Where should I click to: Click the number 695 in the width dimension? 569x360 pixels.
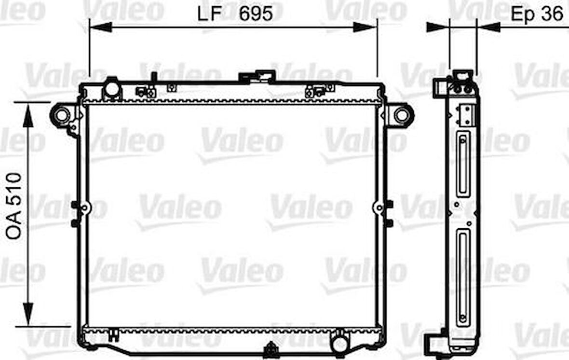256,14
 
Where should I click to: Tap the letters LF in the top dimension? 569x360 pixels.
210,14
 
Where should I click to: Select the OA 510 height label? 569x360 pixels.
14,206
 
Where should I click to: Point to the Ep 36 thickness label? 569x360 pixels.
537,14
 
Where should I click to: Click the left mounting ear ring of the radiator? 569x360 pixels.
61,115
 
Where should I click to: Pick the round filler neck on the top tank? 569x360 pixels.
112,89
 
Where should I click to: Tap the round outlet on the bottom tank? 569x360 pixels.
340,343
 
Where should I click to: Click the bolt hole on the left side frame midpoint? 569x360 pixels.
84,208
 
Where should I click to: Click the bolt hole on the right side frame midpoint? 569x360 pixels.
379,208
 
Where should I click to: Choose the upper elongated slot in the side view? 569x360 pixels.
463,164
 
